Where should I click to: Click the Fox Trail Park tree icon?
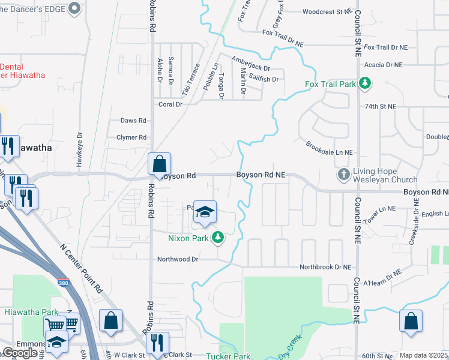tap(364, 83)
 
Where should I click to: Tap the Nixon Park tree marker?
tap(217, 238)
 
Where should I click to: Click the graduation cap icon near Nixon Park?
tap(205, 212)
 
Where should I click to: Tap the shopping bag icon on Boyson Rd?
tap(160, 164)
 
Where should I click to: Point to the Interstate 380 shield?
tap(63, 283)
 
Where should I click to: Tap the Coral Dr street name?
tap(170, 104)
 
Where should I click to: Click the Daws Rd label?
tap(133, 121)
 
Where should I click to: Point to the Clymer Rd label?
tap(131, 137)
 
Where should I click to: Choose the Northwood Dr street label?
tap(178, 259)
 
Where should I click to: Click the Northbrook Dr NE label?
tap(325, 267)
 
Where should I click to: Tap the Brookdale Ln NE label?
tap(329, 149)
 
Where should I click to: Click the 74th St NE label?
tap(381, 106)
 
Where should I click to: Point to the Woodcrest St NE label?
tap(326, 11)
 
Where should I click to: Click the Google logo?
tap(20, 353)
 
